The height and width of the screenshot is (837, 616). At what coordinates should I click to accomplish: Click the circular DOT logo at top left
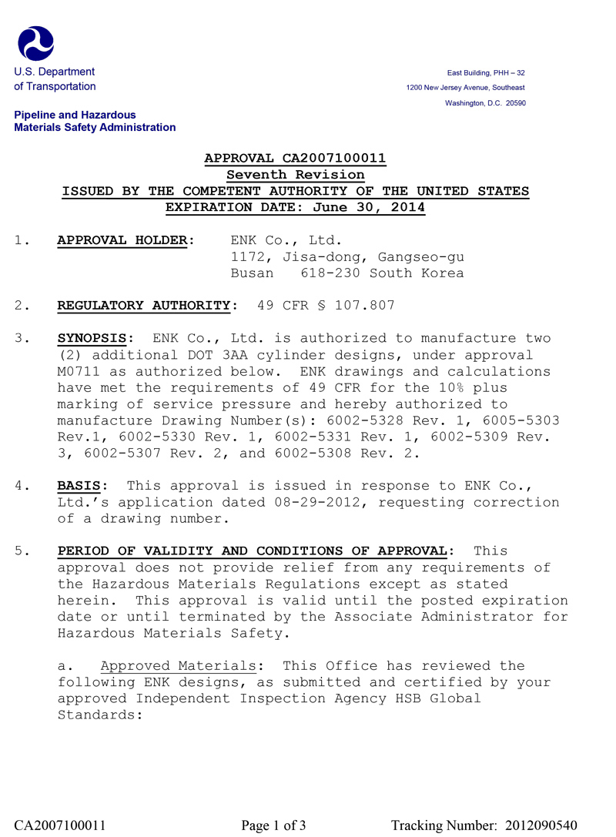click(35, 43)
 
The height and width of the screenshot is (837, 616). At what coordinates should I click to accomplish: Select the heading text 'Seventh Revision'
click(295, 175)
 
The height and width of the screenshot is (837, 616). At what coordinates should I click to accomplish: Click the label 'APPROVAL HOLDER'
click(122, 240)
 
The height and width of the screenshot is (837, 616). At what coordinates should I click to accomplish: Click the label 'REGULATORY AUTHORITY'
click(144, 306)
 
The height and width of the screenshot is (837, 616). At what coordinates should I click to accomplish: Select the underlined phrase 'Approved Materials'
click(178, 666)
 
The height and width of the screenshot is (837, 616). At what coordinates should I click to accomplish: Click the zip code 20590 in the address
click(515, 103)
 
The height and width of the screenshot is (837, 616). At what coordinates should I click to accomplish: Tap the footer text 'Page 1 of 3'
click(273, 825)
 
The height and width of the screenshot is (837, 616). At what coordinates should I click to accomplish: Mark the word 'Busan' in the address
click(253, 273)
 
